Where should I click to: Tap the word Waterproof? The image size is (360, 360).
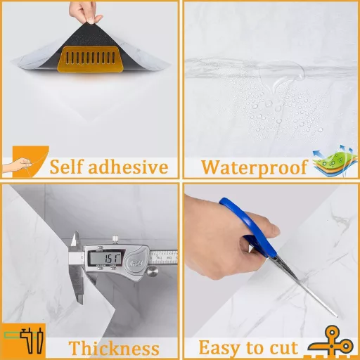pos(255,168)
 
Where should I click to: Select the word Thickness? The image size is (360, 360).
pos(114,348)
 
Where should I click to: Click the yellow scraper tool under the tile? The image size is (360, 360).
pos(91,58)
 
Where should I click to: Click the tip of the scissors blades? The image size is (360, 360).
pos(337,317)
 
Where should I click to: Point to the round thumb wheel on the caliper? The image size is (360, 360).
pos(153,271)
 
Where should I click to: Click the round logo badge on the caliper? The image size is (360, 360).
pos(136,264)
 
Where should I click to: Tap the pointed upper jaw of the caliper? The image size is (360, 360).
pos(75,238)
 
